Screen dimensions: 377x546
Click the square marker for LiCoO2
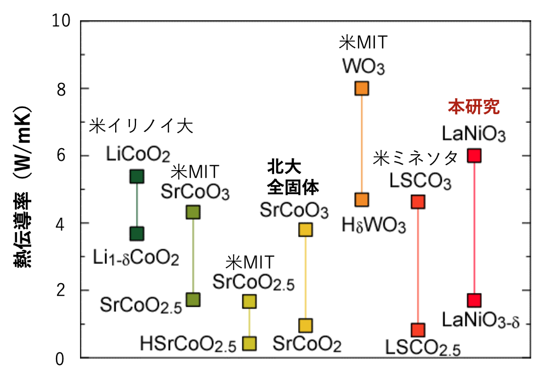(x=136, y=176)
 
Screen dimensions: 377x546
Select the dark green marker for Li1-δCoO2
(x=136, y=234)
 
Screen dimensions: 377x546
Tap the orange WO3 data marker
(x=362, y=88)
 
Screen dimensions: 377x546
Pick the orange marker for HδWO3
(x=362, y=199)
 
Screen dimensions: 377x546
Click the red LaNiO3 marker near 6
(x=474, y=156)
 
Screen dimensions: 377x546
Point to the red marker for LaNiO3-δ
(x=474, y=300)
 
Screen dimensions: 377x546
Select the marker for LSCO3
(x=418, y=202)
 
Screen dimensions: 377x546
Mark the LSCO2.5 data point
(x=418, y=330)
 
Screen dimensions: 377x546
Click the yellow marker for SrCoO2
(x=305, y=325)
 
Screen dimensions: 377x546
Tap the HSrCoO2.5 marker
(x=249, y=344)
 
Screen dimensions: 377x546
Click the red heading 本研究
(x=474, y=106)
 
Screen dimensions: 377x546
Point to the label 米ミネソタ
(x=416, y=159)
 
